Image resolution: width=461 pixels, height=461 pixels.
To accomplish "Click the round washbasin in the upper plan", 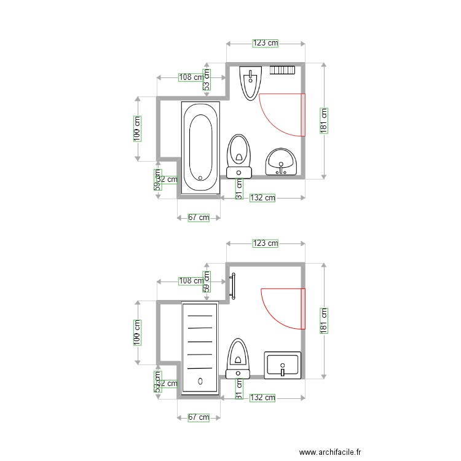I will point(282,162).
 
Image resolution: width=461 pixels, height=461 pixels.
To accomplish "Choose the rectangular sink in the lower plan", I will point(283,364).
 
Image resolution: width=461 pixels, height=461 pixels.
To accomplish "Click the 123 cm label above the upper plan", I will point(266,43).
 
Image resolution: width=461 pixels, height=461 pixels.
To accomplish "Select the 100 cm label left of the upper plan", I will point(138,129).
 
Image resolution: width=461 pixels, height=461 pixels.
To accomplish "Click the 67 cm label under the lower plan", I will point(198,417).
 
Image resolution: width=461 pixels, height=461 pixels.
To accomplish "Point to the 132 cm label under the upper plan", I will point(262,197).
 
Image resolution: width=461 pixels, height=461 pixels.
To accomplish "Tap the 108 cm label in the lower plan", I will point(190,281).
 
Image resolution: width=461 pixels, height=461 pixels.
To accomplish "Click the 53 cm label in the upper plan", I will point(207,78).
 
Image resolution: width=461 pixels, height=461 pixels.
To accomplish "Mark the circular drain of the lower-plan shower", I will point(200,380).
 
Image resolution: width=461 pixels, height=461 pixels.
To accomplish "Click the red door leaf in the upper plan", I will point(303,114).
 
